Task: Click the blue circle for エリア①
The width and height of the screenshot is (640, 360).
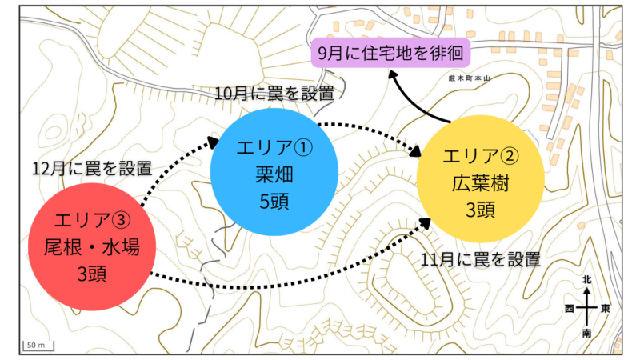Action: point(274,172)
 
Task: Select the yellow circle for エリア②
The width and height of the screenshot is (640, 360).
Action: point(481,178)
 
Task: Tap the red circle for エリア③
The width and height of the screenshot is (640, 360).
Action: point(92,246)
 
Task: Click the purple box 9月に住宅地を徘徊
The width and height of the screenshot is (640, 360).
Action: point(390,53)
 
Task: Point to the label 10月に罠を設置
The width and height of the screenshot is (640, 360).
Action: point(274,94)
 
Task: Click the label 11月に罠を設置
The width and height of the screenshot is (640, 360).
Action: point(481,259)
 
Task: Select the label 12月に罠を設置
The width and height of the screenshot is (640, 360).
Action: point(92,168)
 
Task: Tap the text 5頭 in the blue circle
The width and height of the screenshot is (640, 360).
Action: point(274,201)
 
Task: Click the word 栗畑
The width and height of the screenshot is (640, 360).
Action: point(274,174)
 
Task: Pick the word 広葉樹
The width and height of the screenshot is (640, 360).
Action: point(481,183)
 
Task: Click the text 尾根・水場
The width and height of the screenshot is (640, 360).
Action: point(92,247)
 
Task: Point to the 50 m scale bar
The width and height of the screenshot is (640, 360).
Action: point(38,346)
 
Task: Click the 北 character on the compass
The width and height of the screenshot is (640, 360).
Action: point(586,279)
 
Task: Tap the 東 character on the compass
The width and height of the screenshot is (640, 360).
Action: point(605,308)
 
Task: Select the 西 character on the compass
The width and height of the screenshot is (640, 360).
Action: point(570,308)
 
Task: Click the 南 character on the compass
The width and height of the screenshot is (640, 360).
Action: point(586,334)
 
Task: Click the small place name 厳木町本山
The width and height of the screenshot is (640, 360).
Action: point(469,78)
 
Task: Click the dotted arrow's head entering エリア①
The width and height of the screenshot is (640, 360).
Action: point(214,142)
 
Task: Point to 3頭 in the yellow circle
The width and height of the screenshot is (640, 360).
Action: point(481,210)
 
